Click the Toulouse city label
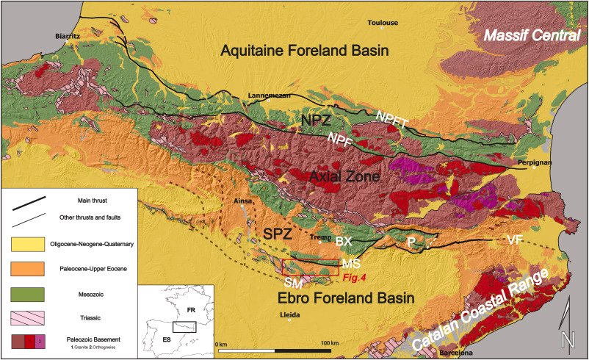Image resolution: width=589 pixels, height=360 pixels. pos(383,23)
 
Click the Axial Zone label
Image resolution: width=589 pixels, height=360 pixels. pos(333,177)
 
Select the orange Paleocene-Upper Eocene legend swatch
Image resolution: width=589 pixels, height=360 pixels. pos(27,270)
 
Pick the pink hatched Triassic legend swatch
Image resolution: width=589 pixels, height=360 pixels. pos(27,320)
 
